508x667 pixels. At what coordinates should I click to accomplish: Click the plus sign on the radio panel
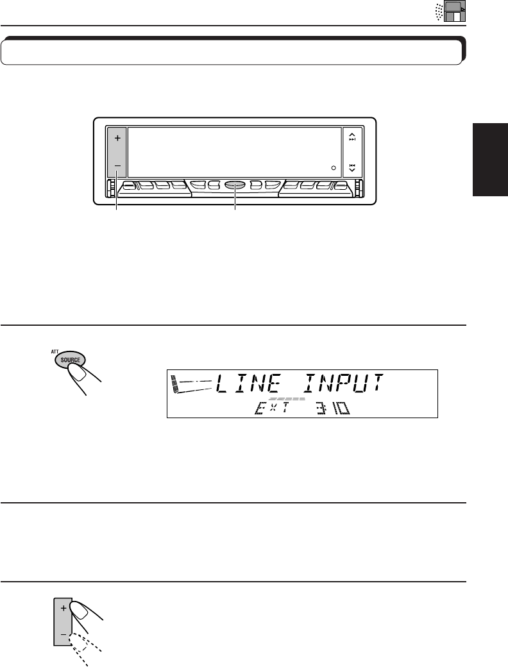click(x=117, y=137)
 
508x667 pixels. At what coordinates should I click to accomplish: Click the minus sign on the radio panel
click(x=117, y=165)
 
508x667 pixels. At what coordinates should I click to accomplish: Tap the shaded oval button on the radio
click(x=235, y=186)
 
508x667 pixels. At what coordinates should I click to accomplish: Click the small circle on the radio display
click(x=334, y=168)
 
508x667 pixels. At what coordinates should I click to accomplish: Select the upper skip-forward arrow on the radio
click(x=352, y=137)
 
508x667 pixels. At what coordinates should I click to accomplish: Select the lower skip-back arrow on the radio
click(x=352, y=168)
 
